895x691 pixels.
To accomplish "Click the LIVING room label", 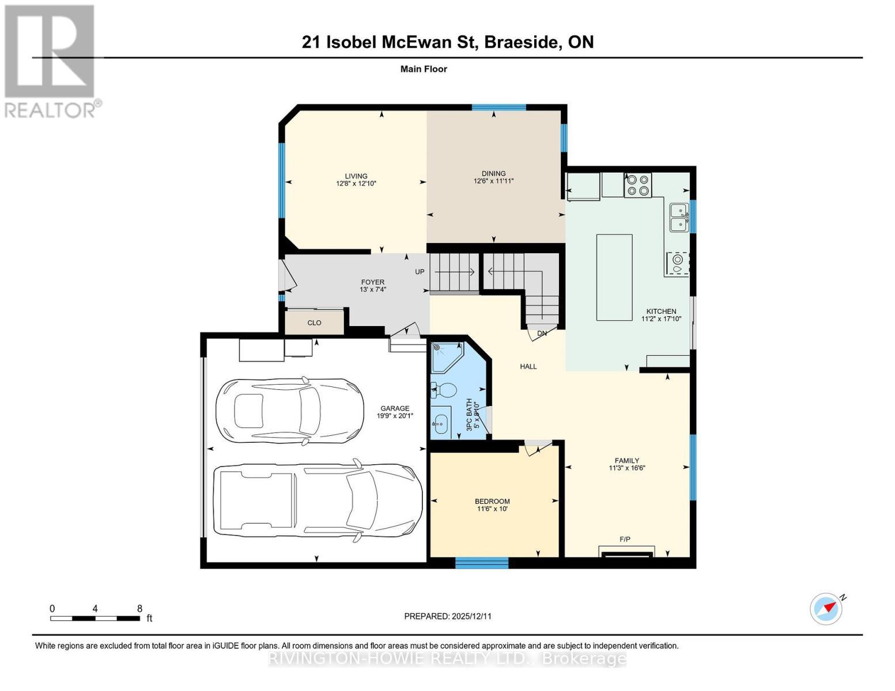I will [x=356, y=180].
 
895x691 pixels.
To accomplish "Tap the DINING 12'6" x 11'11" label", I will [x=493, y=177].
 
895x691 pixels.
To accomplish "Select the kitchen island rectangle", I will [x=614, y=277].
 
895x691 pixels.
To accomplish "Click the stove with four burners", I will [x=638, y=184].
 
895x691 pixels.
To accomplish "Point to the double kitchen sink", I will [x=678, y=217].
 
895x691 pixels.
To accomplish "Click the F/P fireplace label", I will [x=625, y=539].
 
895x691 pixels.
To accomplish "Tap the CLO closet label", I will [x=314, y=322].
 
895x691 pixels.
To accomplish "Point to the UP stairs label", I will [x=420, y=272].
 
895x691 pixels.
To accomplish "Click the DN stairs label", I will [x=542, y=333].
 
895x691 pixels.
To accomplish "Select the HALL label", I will [x=528, y=366].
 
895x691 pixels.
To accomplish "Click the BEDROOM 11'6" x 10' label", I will [x=492, y=505].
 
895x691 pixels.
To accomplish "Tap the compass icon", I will [x=826, y=608].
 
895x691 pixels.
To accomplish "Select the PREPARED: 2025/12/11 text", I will [x=448, y=616].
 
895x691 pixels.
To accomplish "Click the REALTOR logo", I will [x=50, y=60].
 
